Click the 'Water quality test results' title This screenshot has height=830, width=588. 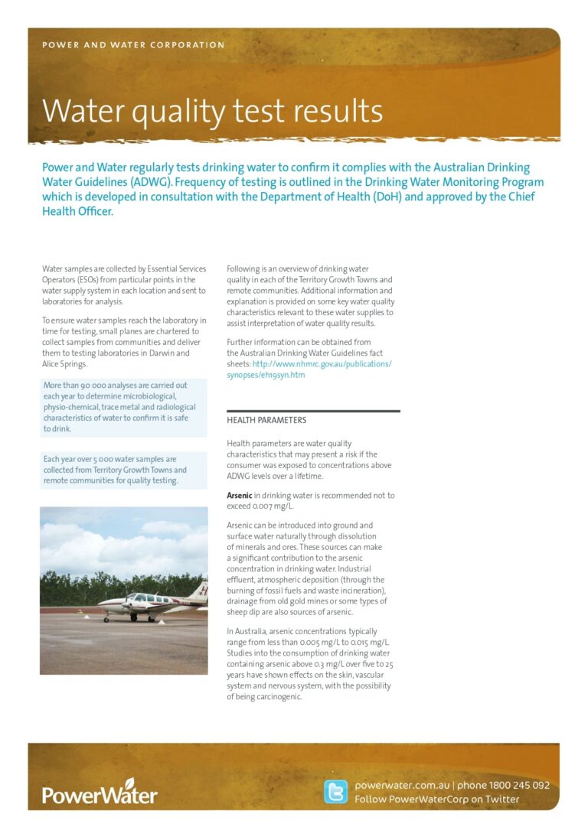point(212,112)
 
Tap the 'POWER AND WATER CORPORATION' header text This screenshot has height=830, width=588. point(133,45)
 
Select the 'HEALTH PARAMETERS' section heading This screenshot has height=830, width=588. point(266,420)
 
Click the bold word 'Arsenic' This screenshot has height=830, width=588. point(239,496)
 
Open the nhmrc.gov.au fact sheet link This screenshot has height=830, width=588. point(309,369)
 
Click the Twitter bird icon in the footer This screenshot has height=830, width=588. point(335,792)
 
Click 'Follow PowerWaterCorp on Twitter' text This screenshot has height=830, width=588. point(437,799)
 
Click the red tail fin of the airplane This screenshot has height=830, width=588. point(201,591)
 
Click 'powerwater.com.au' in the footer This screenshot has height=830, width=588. point(401,786)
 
